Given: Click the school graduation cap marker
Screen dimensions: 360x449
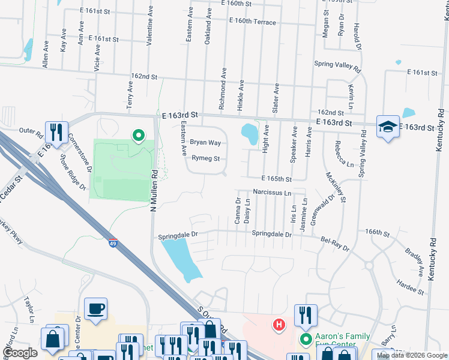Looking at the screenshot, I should pos(388,127).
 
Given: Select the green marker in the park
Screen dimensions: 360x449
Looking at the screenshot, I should pos(139,136).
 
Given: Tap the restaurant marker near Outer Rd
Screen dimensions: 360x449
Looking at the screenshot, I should pos(57,133).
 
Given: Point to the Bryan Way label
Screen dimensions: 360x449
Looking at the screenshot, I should pos(206,143).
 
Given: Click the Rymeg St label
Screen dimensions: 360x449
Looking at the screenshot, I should pos(206,159).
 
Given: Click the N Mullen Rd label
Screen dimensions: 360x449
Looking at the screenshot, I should pos(154,188).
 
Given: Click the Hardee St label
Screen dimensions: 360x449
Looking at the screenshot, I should pos(411,287).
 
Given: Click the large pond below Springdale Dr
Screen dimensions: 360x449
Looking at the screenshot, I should pos(182,259).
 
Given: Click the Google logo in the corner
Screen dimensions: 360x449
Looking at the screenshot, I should pos(20,353).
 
